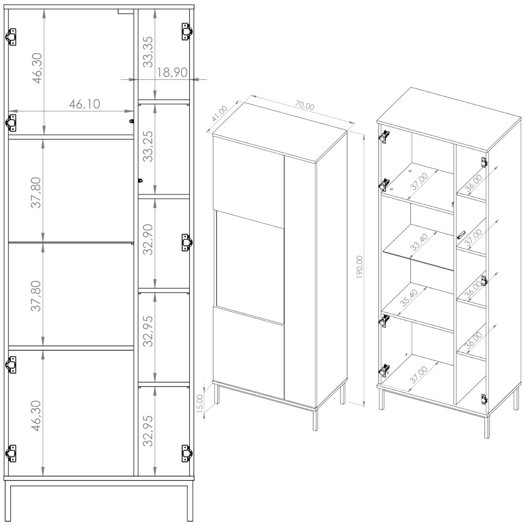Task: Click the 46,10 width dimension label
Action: tap(84, 104)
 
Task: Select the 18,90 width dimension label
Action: tap(172, 73)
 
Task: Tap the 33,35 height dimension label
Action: tap(148, 52)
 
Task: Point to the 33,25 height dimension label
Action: tap(148, 146)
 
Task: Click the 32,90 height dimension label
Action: tap(148, 240)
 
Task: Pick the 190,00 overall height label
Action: tap(360, 267)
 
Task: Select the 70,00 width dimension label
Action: tap(305, 105)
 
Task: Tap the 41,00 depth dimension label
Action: tap(219, 113)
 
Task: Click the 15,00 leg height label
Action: tap(200, 403)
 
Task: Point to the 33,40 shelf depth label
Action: tap(419, 242)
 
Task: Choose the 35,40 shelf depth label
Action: tap(409, 297)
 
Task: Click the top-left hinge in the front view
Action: tap(11, 37)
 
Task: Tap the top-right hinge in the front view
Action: tap(187, 32)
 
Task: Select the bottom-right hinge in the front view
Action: tap(187, 454)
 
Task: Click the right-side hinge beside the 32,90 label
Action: tap(187, 242)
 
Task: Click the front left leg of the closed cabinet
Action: tap(217, 394)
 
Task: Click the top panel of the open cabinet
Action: tap(449, 119)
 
